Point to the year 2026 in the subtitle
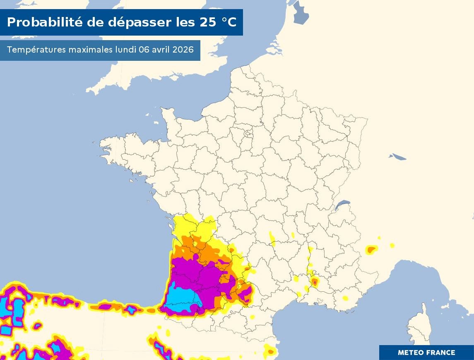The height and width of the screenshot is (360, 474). [183, 50]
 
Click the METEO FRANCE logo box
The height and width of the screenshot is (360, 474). [426, 353]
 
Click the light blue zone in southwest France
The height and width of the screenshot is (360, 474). [182, 296]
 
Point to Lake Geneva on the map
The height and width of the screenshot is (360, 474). [342, 204]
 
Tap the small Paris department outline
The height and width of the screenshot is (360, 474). [249, 134]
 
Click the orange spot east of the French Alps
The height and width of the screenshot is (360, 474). [371, 249]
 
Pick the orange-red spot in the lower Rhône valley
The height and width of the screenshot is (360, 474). [315, 282]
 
